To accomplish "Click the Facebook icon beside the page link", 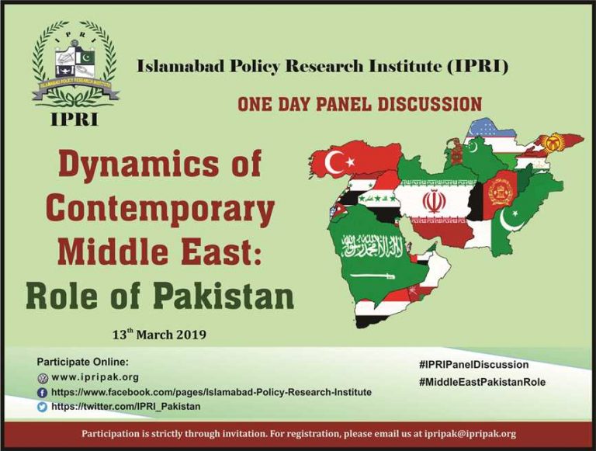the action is (42, 393).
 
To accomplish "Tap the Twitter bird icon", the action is (42, 407).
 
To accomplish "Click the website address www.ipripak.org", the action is (95, 377).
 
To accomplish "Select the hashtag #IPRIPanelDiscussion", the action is (473, 365).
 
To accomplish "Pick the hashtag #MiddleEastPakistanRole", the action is (482, 382).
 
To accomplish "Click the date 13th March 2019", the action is (159, 335).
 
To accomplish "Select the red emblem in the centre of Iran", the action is (432, 201).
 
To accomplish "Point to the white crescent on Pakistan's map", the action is (508, 220).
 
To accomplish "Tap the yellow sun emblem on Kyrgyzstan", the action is (553, 144).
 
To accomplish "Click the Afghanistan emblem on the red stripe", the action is (500, 190).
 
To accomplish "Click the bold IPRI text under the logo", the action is (74, 119).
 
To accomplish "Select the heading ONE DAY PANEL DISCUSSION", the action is (359, 104).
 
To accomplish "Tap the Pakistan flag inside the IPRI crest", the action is (87, 57).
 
